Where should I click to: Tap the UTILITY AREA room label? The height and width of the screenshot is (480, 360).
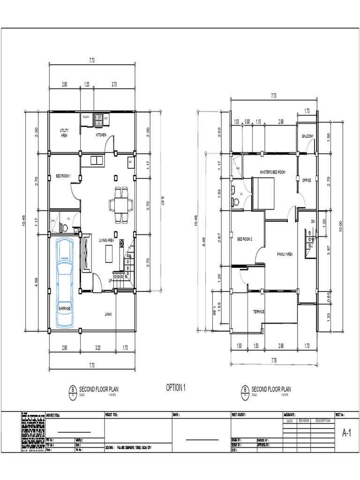point(64,133)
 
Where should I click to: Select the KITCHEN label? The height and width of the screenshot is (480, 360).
point(101,135)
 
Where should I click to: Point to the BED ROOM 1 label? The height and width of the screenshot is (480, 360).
point(63,176)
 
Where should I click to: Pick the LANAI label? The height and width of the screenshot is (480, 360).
point(108,314)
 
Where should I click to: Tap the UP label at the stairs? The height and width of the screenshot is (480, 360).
point(111,281)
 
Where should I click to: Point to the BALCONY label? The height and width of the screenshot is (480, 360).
point(307,136)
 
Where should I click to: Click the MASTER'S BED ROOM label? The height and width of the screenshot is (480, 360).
point(272,172)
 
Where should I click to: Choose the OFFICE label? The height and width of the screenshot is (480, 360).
point(307,180)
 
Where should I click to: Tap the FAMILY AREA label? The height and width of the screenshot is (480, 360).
point(285,254)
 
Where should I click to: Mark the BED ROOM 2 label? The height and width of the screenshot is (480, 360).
point(245,239)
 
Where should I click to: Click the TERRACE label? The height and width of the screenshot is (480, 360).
point(259,311)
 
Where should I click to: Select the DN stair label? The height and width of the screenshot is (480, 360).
point(313,221)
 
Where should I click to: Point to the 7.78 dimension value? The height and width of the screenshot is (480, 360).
point(274,360)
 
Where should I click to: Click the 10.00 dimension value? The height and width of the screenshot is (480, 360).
point(341,226)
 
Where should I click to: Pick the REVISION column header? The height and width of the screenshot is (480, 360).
point(304,420)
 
